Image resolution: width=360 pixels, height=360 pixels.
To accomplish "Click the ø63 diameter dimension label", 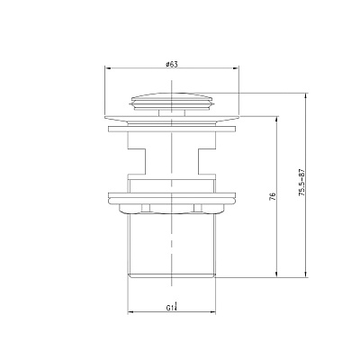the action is coord(172,64).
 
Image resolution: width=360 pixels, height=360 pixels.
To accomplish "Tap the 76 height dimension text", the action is coord(273,196).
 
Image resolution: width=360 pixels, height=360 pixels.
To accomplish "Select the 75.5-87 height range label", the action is coord(301,183).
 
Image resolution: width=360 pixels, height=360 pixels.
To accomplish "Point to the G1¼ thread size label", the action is coord(172,307).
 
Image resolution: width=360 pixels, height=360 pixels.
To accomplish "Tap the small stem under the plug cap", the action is coord(172,112).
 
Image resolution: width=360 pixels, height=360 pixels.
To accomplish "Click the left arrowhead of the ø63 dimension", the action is coord(108,68).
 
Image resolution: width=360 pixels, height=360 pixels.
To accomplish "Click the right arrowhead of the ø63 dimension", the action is coord(236,68).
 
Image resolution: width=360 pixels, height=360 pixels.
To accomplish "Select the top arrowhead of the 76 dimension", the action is coord(276,120).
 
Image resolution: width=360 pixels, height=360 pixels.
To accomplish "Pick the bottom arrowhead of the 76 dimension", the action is coord(276,274).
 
